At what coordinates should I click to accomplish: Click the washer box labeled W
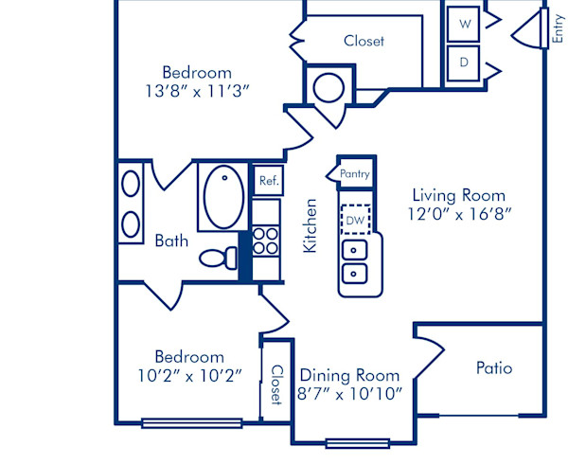click(465, 25)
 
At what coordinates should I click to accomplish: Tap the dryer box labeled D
click(465, 62)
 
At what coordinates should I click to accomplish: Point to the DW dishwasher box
click(355, 221)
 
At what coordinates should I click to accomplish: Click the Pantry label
click(354, 174)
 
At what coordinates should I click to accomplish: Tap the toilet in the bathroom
click(222, 258)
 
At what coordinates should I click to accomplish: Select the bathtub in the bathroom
click(223, 195)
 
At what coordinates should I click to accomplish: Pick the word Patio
click(493, 367)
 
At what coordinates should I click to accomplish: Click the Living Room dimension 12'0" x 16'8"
click(459, 214)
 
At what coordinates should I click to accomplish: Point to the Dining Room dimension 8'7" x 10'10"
click(351, 393)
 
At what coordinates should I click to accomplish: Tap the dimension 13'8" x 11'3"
click(197, 91)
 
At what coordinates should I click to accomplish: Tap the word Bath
click(171, 241)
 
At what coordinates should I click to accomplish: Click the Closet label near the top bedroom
click(364, 41)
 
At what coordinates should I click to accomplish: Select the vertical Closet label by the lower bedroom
click(276, 384)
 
